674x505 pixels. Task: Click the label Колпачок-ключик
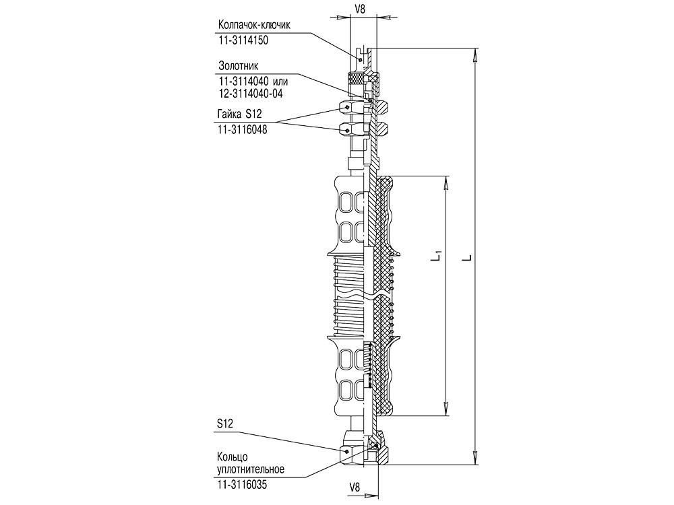coord(254,24)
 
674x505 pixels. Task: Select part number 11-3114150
coord(243,40)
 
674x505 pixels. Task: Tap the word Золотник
coord(239,66)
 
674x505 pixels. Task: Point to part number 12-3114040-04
coord(251,94)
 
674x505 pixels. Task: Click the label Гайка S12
coord(240,113)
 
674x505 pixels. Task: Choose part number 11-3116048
coord(243,129)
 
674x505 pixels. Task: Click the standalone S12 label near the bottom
coord(224,424)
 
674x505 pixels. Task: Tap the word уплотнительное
coord(251,469)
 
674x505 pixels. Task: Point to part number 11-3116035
coord(242,485)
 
